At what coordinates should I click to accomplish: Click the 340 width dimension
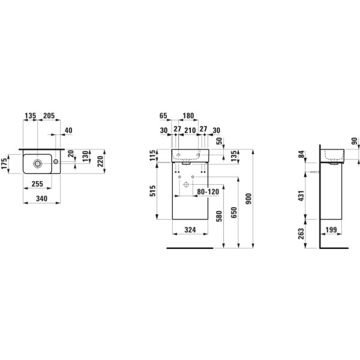click(x=42, y=199)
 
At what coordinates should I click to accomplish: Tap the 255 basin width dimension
click(x=37, y=184)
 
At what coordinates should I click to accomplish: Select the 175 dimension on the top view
click(x=4, y=164)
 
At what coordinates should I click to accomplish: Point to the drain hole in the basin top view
click(x=38, y=164)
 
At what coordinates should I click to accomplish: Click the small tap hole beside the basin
click(x=56, y=161)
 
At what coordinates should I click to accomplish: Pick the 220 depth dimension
click(x=101, y=161)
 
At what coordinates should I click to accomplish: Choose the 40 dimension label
click(x=68, y=130)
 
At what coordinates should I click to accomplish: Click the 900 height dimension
click(x=249, y=199)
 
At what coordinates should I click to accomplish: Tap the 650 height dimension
click(x=234, y=212)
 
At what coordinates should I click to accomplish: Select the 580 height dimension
click(x=219, y=216)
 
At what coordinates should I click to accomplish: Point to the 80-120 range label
click(x=208, y=192)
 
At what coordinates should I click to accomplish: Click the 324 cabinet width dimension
click(x=190, y=230)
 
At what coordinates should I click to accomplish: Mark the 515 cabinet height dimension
click(x=152, y=191)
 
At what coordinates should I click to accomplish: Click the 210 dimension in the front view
click(x=190, y=130)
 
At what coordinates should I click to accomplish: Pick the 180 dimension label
click(x=188, y=116)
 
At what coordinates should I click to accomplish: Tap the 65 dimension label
click(x=163, y=116)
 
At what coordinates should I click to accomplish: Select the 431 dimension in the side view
click(x=301, y=196)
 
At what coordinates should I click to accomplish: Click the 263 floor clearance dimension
click(x=301, y=234)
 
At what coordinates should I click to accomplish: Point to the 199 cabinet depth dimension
click(x=331, y=230)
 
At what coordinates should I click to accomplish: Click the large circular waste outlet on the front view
click(x=186, y=184)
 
